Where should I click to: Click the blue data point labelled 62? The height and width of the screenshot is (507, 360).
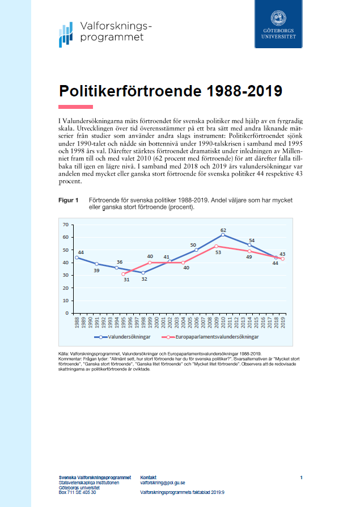pyautogui.click(x=223, y=235)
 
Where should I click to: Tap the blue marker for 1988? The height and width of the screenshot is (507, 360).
pyautogui.click(x=77, y=257)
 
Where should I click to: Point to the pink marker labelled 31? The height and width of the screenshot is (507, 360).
pyautogui.click(x=123, y=274)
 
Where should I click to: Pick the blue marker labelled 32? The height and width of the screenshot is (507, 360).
pyautogui.click(x=143, y=273)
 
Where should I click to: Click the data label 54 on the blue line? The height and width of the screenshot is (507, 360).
pyautogui.click(x=251, y=240)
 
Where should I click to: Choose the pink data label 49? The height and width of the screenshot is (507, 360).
pyautogui.click(x=248, y=257)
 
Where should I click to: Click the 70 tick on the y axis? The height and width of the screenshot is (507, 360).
pyautogui.click(x=66, y=225)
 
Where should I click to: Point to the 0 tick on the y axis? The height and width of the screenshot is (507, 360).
pyautogui.click(x=67, y=312)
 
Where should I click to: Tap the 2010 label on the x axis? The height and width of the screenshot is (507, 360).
pyautogui.click(x=223, y=323)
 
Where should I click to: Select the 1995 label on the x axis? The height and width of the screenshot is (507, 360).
pyautogui.click(x=123, y=323)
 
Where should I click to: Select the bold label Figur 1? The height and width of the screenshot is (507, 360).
pyautogui.click(x=69, y=201)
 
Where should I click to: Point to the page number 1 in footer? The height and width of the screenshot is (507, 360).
pyautogui.click(x=301, y=478)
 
